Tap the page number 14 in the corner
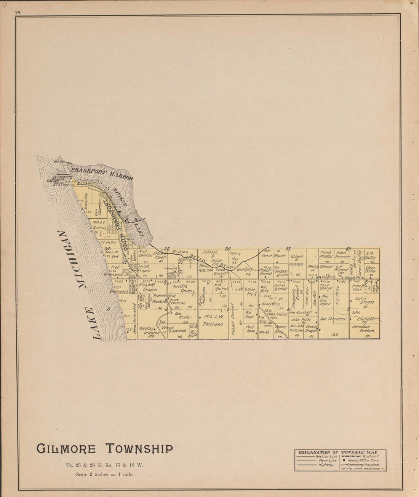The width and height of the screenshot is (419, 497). coord(18,12)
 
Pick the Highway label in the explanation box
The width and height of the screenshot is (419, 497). coord(327,465)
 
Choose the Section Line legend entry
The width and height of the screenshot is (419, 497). coord(327,456)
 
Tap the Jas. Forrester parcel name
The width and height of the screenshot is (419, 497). coord(333,319)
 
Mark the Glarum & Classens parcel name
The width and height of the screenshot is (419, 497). coord(296,260)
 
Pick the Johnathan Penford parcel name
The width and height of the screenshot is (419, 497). coord(363,328)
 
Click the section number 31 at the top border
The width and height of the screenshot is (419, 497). coord(288,248)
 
